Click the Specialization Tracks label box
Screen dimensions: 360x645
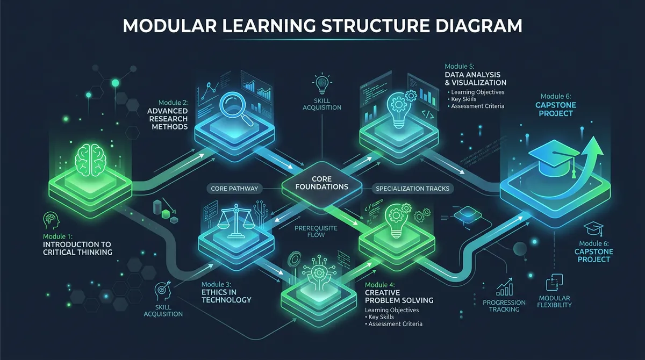413,189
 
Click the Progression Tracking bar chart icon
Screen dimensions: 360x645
505,288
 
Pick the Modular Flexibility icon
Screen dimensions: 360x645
554,283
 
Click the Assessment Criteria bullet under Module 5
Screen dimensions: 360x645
477,106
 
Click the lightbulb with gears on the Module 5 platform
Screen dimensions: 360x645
399,110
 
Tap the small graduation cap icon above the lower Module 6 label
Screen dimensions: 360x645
590,228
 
